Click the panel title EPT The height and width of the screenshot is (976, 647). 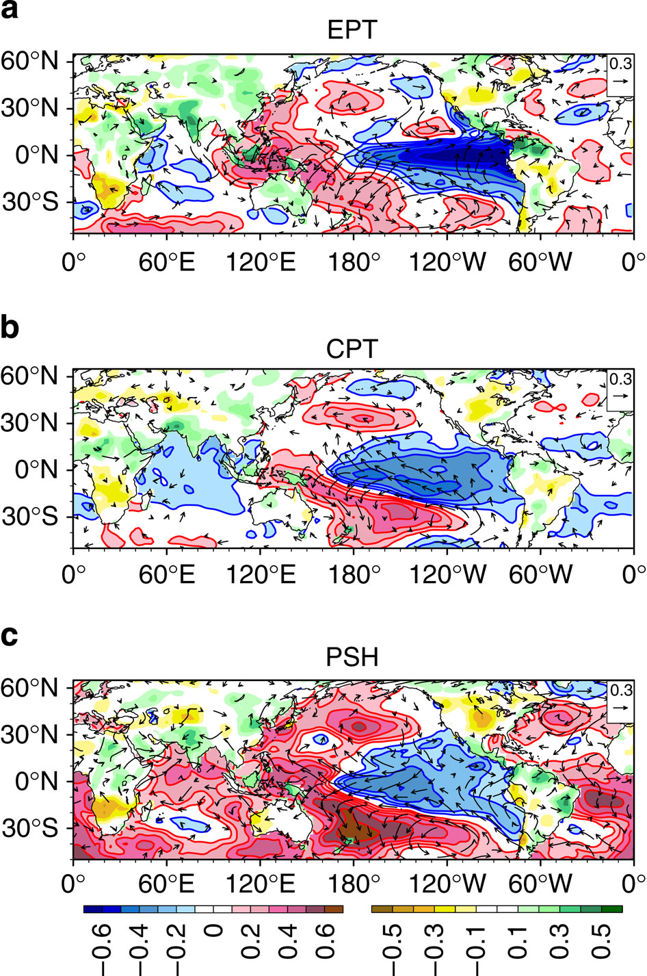352,30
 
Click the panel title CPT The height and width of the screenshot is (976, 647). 352,349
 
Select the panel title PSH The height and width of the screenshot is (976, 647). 352,658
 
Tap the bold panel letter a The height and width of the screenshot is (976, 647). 9,10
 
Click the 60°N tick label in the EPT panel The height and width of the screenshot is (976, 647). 29,62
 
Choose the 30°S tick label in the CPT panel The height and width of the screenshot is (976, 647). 29,517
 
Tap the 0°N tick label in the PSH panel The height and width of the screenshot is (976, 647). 36,781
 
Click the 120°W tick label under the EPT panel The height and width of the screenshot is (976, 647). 447,262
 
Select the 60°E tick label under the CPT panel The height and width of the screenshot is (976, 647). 167,575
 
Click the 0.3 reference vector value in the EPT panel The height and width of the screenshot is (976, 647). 620,64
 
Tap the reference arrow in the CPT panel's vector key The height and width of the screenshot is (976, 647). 620,396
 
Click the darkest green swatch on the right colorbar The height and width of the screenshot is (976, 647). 611,908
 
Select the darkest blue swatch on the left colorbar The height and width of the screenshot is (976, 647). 93,908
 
